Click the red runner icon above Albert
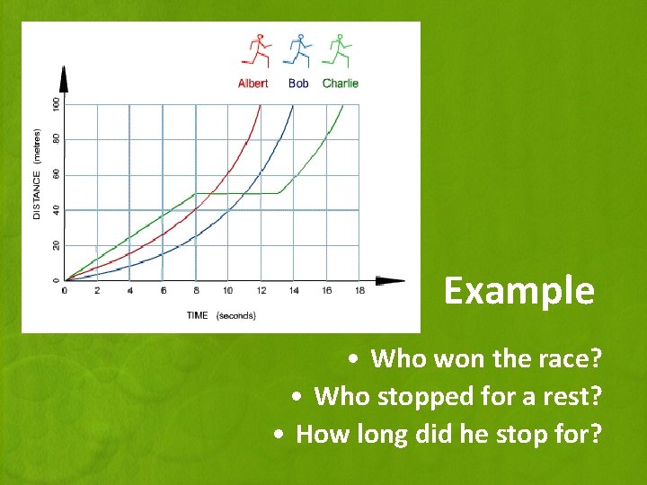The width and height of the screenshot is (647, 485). (x=255, y=51)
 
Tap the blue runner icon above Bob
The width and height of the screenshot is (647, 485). (x=297, y=51)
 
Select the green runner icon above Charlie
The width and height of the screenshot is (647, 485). (x=338, y=51)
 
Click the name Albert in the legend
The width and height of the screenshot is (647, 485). (x=253, y=84)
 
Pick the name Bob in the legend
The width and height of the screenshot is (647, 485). (x=298, y=84)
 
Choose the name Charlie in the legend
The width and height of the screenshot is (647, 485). (x=341, y=84)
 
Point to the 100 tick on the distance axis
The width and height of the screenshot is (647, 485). (x=56, y=104)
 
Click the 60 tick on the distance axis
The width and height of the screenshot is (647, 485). (x=56, y=174)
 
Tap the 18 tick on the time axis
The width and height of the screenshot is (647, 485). (x=359, y=291)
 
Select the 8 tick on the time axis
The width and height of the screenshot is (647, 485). (x=195, y=291)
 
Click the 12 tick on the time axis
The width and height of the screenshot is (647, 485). (x=261, y=291)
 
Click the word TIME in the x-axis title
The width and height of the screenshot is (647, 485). (x=198, y=315)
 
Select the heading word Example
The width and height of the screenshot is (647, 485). (x=518, y=291)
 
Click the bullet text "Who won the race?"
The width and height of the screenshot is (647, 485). (x=485, y=359)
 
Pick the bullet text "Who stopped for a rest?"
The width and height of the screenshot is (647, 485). (x=457, y=396)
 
